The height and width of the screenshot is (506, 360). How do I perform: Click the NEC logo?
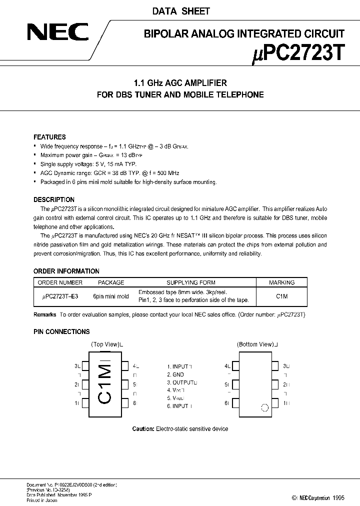click(x=57, y=33)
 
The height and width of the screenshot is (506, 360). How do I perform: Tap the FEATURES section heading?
click(x=49, y=137)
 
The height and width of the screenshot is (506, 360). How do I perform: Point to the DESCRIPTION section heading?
click(x=54, y=199)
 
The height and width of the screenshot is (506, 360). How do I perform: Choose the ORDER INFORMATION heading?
click(x=66, y=271)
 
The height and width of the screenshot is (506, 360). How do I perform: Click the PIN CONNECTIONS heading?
click(x=61, y=331)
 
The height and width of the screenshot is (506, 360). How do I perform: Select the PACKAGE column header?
click(x=111, y=282)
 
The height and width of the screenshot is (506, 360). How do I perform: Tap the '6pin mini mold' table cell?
click(x=111, y=296)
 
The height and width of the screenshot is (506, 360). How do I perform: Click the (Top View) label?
click(x=106, y=344)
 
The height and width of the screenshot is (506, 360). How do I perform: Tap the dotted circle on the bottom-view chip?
click(x=264, y=407)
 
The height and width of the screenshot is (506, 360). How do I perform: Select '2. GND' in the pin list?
click(x=175, y=374)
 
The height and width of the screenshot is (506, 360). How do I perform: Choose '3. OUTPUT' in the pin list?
click(x=181, y=382)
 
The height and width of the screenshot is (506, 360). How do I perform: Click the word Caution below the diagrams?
click(x=143, y=428)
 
